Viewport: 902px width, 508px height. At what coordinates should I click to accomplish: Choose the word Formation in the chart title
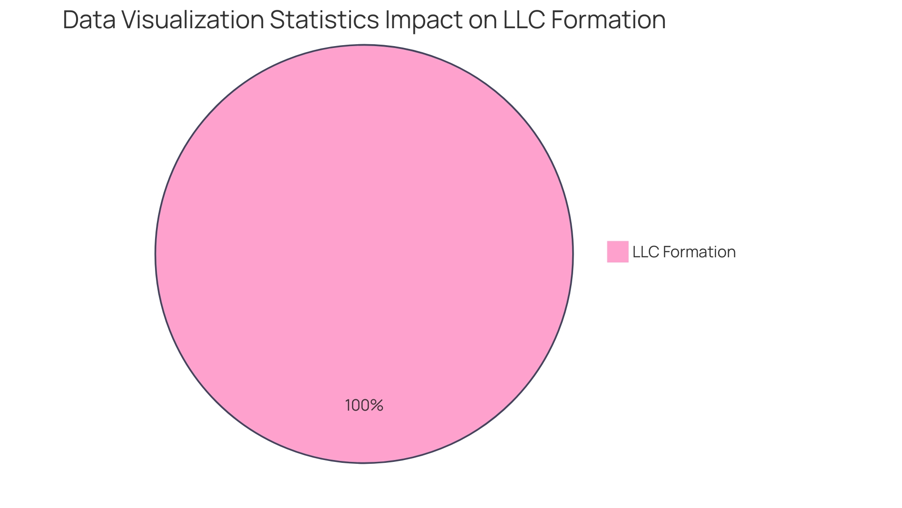[x=608, y=20]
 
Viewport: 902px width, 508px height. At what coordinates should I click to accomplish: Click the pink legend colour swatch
[x=617, y=252]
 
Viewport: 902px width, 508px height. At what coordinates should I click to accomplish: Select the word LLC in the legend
[x=646, y=252]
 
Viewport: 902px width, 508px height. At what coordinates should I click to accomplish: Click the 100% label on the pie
[x=364, y=405]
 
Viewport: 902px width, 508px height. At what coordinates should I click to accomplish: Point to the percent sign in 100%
[x=377, y=405]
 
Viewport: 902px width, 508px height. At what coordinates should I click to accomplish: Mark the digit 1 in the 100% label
[x=348, y=405]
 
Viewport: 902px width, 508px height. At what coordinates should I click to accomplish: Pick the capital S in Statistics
[x=277, y=20]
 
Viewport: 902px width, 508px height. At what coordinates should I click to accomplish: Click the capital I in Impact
[x=387, y=20]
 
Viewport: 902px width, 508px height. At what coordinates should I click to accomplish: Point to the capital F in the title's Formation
[x=557, y=20]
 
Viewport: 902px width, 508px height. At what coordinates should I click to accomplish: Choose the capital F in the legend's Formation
[x=667, y=252]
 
